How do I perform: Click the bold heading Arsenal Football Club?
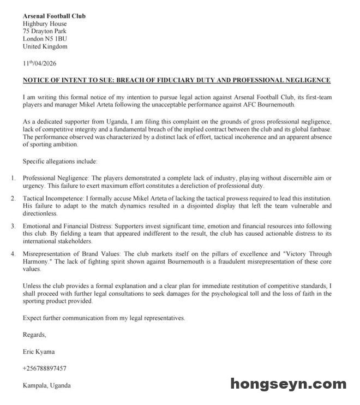coord(54,16)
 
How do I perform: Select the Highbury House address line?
coord(45,24)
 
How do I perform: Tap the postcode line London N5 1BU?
coord(45,39)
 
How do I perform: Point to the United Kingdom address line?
coord(45,47)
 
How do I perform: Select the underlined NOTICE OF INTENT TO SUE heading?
coord(176,80)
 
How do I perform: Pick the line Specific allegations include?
coord(60,162)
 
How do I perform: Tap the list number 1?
coord(13,178)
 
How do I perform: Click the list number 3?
coord(13,226)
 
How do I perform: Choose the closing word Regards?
coord(34,335)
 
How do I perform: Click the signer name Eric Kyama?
coord(39,352)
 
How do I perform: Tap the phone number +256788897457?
coord(45,368)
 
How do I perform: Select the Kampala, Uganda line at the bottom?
coord(46,385)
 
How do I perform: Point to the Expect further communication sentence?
coord(104,318)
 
